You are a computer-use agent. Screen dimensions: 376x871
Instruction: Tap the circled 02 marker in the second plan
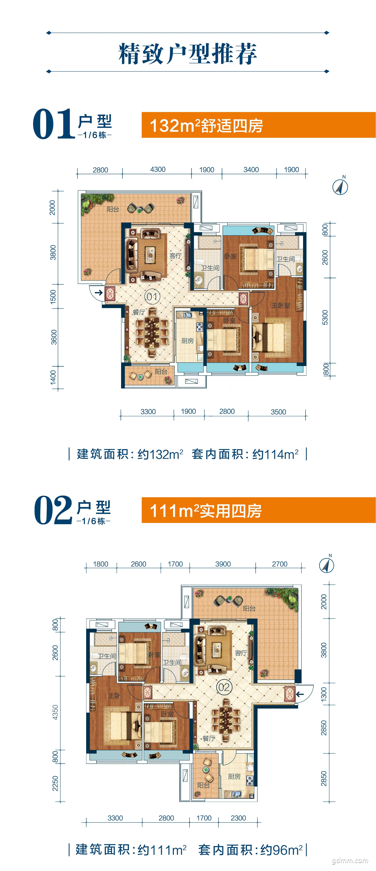coord(224,687)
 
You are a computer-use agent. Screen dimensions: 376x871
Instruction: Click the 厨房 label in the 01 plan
coord(188,340)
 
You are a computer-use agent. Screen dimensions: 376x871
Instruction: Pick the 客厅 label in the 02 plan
coord(241,653)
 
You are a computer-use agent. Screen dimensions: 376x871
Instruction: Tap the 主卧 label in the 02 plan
coord(114,696)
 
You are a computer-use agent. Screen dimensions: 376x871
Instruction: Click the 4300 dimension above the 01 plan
coord(158,169)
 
